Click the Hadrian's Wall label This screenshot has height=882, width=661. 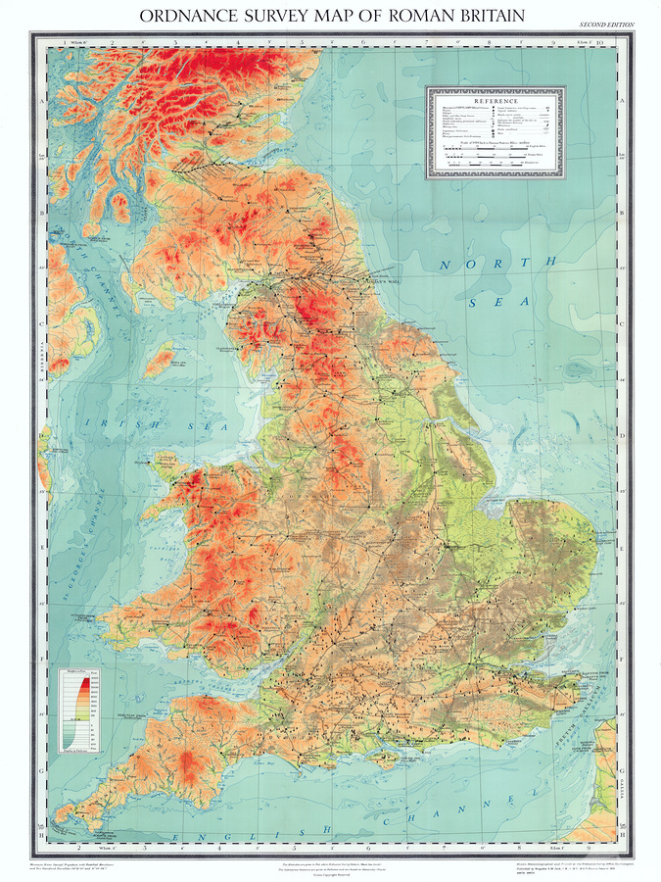[x=338, y=278]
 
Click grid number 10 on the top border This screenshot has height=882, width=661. [x=613, y=42]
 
